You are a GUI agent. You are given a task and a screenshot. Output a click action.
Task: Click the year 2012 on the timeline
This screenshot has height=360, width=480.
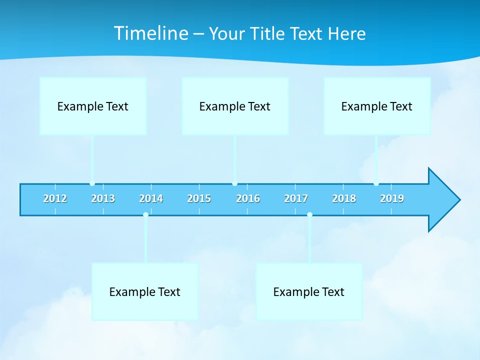55,199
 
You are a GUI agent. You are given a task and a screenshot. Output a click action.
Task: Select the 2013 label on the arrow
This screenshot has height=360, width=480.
103,199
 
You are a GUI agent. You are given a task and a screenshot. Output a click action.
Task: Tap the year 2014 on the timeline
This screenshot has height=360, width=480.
151,199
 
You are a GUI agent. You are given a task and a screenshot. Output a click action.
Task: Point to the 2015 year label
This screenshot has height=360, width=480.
199,199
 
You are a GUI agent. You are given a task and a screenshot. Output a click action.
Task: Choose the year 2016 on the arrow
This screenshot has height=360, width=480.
248,199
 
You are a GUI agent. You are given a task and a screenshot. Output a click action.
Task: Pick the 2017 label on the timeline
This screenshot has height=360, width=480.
296,199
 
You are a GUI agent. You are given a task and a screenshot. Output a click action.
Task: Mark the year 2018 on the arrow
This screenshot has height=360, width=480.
344,199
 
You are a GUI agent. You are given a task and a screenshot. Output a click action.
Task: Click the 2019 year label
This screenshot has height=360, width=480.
392,199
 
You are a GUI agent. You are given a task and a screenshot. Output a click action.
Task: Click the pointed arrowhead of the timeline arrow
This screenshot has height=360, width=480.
445,200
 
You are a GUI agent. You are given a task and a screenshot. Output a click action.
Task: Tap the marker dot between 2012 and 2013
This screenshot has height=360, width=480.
92,183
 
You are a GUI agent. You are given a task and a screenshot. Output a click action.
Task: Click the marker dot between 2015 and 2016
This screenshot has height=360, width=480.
234,183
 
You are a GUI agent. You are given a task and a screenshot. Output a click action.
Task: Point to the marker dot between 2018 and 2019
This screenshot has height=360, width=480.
376,183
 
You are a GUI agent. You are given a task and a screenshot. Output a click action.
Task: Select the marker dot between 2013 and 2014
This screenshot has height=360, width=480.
145,214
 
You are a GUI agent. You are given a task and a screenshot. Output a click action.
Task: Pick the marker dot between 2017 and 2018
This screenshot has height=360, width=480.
309,214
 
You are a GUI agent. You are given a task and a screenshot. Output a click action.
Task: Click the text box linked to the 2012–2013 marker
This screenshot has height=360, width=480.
93,106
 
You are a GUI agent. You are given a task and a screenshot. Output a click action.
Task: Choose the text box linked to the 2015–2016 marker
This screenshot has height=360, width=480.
235,106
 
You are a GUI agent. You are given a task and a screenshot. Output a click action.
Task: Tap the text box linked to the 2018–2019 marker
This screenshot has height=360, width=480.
377,106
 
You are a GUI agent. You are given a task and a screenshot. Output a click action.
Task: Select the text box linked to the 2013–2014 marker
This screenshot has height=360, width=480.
145,291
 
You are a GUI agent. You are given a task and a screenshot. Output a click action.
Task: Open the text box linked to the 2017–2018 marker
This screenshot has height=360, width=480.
309,291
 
